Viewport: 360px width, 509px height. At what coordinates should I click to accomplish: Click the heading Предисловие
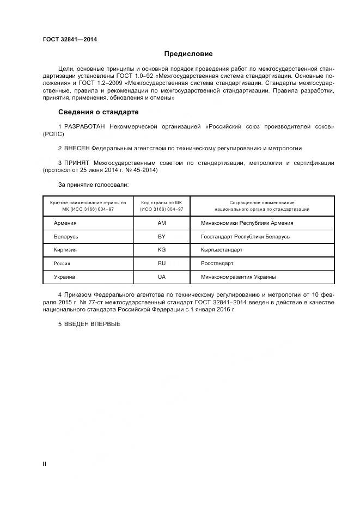[x=188, y=54]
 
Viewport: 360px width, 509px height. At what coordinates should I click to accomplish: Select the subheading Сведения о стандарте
[x=98, y=112]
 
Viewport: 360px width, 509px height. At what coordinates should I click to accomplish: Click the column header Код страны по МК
[x=162, y=203]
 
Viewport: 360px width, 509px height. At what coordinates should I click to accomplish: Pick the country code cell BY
[x=161, y=237]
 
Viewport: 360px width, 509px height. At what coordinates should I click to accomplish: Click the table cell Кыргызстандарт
[x=222, y=250]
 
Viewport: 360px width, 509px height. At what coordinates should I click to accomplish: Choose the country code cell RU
[x=161, y=263]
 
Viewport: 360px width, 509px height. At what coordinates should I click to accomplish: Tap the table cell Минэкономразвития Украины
[x=238, y=277]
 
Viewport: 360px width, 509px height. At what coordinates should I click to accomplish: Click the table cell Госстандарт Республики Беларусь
[x=245, y=237]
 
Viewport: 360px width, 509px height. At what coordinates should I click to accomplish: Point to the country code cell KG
[x=161, y=250]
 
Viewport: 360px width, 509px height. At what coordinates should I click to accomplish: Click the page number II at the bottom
[x=45, y=464]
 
